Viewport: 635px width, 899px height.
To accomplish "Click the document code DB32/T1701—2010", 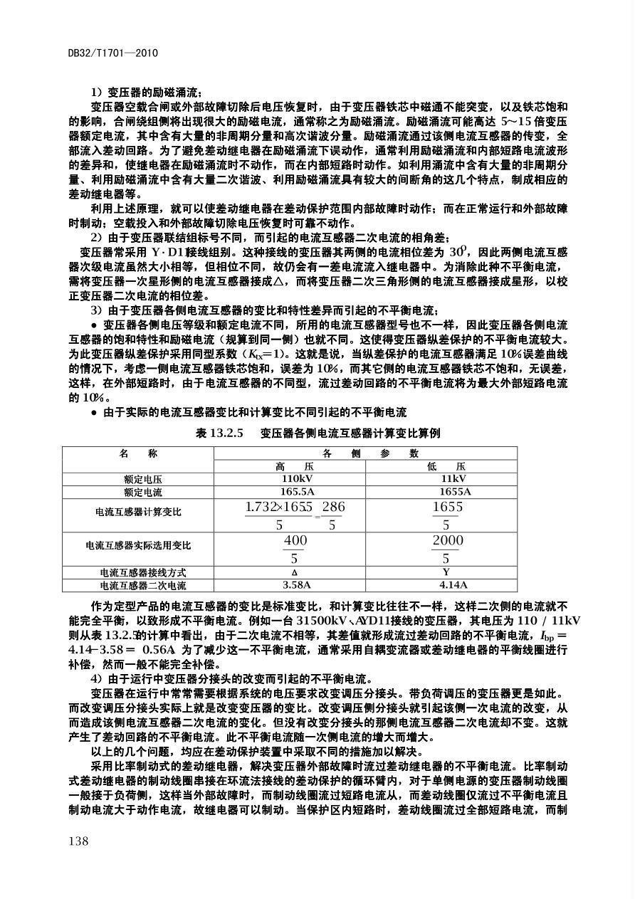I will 112,53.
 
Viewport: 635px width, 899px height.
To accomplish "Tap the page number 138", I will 78,841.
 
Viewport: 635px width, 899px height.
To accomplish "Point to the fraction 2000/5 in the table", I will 447,549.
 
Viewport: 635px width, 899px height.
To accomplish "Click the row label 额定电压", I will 142,479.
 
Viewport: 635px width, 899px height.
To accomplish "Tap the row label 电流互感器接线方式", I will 142,572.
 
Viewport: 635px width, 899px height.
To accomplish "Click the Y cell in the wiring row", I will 446,572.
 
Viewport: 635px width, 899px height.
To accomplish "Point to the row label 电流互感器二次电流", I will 142,585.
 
